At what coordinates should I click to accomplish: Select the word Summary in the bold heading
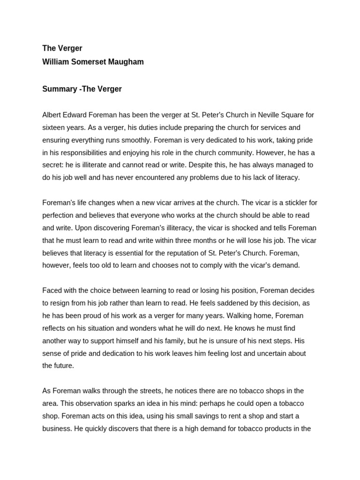[60, 89]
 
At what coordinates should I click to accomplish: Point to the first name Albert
[52, 115]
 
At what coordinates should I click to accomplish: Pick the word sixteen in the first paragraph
[54, 127]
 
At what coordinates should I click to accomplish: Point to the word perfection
[61, 216]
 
